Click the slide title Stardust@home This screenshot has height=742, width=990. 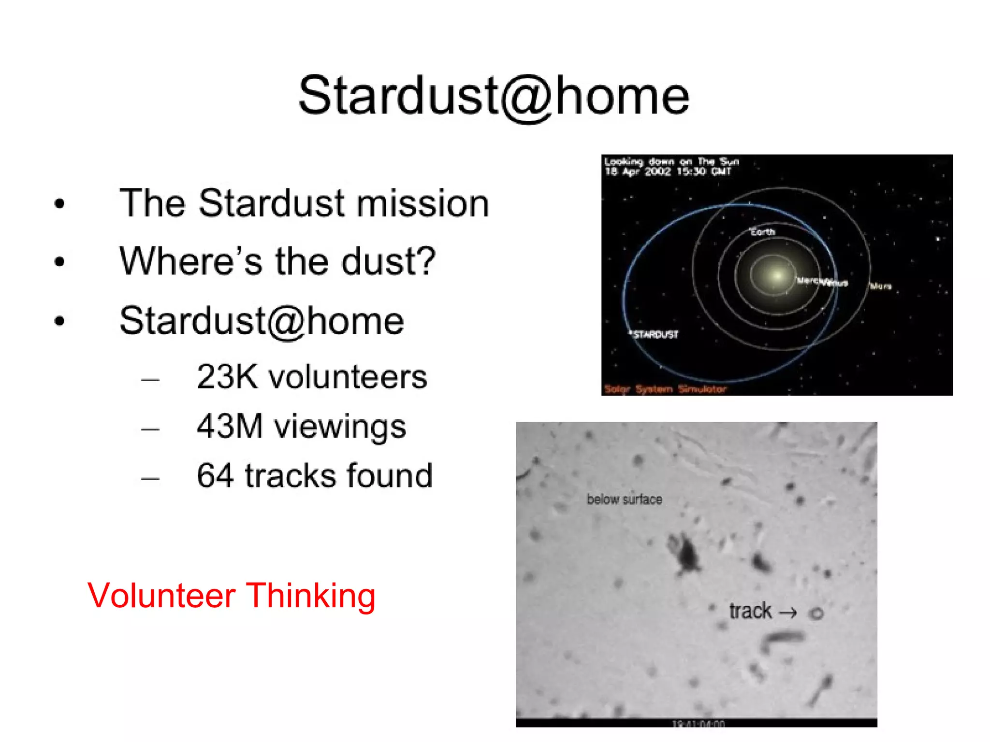tap(494, 97)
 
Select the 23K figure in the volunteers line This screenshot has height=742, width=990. tap(227, 377)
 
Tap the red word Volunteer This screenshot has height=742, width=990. tap(161, 596)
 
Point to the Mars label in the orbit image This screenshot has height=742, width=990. tap(881, 286)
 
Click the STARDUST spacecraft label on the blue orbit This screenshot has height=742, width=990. tap(655, 334)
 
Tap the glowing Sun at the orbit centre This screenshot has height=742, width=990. tap(776, 275)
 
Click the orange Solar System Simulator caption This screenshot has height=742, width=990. tap(665, 389)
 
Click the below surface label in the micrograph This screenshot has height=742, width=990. tap(624, 499)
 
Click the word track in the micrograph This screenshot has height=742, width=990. tap(750, 612)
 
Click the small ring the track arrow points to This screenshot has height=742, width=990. tap(816, 614)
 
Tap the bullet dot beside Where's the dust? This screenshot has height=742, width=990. tap(59, 262)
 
